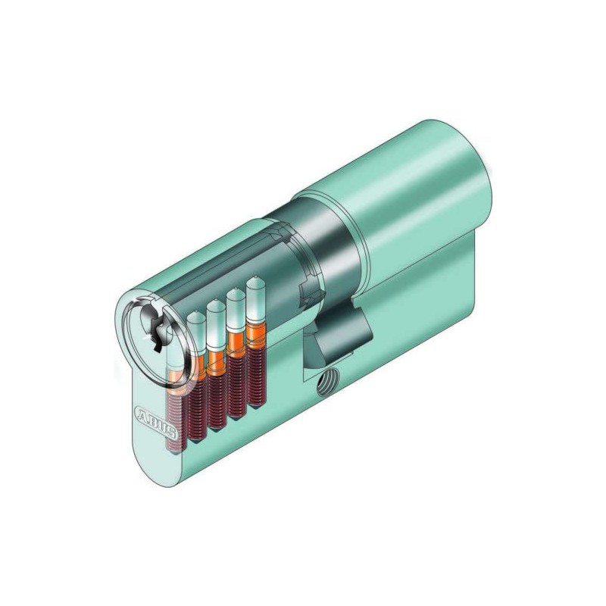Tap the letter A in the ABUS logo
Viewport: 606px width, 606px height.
[x=141, y=416]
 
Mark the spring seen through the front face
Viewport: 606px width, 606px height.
[x=173, y=409]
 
